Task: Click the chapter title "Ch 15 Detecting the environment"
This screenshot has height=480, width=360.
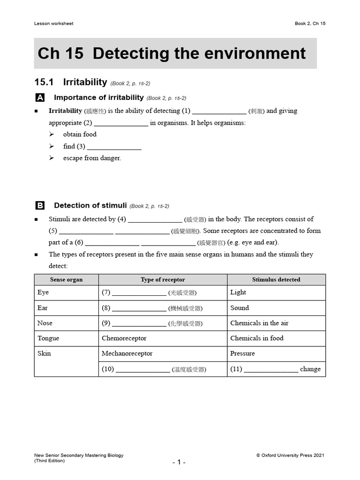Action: point(172,53)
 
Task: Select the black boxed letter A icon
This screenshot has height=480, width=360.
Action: point(40,98)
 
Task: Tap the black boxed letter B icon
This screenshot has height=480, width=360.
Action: point(40,206)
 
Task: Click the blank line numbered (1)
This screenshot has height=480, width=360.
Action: point(219,112)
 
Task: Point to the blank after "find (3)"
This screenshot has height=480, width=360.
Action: point(114,147)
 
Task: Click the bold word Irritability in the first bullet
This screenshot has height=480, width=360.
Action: point(65,111)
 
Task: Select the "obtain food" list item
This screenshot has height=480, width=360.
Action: point(80,135)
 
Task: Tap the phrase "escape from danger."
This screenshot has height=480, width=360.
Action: point(92,158)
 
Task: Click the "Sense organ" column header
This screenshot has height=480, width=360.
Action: point(66,280)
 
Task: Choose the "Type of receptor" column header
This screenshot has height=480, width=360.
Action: point(163,280)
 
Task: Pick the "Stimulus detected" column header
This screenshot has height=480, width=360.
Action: point(276,280)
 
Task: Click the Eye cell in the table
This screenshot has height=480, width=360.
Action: point(43,292)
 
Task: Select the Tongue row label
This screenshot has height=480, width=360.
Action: point(48,338)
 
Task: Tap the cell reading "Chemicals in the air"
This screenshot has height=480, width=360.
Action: point(259,323)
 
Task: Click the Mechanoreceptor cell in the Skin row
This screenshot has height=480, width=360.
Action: point(127,353)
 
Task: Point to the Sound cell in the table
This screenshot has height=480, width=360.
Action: point(240,308)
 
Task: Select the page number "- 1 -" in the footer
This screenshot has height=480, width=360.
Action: point(179,462)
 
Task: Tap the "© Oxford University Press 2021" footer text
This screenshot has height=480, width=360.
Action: point(290,455)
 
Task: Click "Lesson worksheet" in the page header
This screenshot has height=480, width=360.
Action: point(54,23)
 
